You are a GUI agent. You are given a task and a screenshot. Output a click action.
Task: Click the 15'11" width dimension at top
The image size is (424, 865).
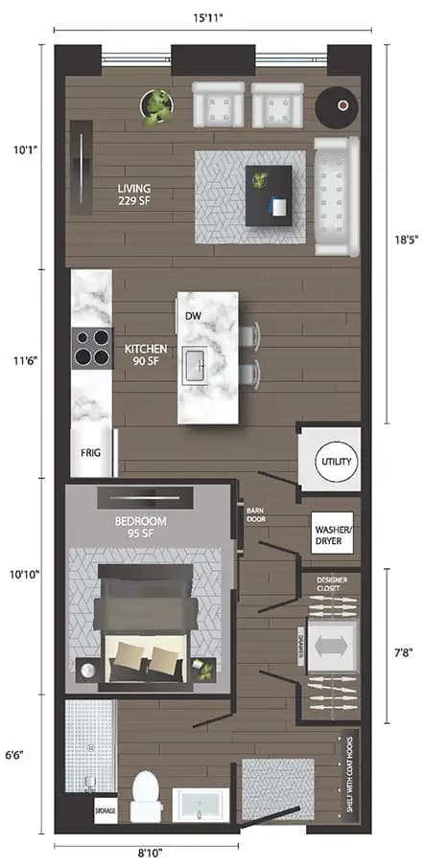coord(212,16)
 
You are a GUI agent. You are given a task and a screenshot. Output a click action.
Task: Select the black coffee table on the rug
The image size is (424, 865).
coord(268,194)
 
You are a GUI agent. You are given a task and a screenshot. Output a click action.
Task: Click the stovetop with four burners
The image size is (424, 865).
coord(92,347)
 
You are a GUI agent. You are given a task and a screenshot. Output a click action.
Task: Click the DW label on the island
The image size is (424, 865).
coord(194,315)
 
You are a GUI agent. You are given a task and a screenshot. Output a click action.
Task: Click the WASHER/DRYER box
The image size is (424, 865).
coord(332,533)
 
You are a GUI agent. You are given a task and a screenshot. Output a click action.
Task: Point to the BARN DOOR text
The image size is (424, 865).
coord(255,514)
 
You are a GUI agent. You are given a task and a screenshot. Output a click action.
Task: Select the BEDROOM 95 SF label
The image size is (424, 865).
coord(142,526)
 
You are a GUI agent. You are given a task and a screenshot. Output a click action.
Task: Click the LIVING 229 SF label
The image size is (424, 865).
coord(135,193)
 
